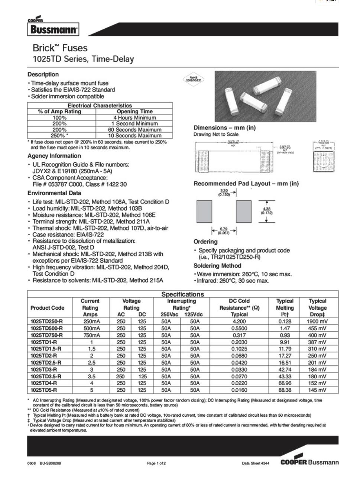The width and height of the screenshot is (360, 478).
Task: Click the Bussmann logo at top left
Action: (53, 29)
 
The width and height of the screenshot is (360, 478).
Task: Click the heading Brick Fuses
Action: (60, 48)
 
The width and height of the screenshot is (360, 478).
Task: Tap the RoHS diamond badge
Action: (194, 79)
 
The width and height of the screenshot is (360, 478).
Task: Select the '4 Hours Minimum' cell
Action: (134, 117)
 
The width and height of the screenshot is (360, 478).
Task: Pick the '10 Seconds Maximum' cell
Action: (134, 136)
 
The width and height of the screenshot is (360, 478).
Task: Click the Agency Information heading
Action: (54, 156)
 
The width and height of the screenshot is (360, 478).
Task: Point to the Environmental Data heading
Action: (54, 193)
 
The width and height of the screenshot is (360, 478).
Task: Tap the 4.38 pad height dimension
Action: (267, 211)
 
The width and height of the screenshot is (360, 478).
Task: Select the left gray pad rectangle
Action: (204, 211)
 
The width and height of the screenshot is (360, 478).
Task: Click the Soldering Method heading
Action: (217, 266)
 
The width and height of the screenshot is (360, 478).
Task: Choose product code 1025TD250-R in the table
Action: (47, 322)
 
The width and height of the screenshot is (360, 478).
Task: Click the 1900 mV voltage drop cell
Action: (317, 322)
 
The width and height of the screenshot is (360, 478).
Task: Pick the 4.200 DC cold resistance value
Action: (239, 322)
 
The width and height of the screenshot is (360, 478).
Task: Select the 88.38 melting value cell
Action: (285, 390)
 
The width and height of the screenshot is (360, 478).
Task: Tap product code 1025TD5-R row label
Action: (44, 390)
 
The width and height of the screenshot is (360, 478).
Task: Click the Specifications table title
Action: (182, 294)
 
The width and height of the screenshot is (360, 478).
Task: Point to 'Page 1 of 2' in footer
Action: (156, 463)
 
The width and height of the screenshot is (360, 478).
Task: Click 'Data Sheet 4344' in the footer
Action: (256, 463)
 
